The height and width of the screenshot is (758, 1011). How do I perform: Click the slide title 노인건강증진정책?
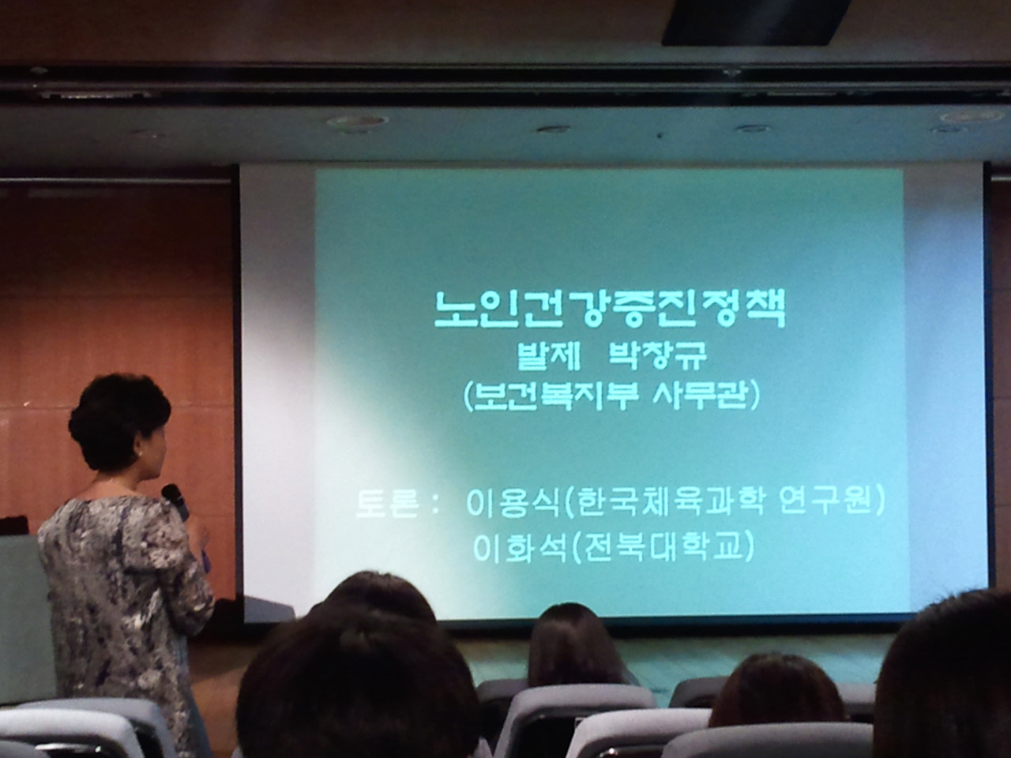(609, 309)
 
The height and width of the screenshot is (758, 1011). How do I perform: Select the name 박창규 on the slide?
(657, 356)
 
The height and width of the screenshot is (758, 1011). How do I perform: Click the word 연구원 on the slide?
(826, 504)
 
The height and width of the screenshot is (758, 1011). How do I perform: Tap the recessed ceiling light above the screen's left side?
(357, 122)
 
